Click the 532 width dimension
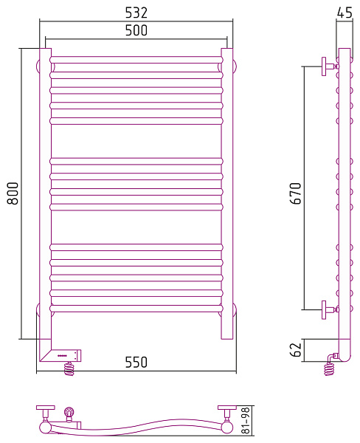coord(136,13)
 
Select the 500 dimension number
coord(136,30)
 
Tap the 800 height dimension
coord(13,193)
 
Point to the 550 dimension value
coord(136,363)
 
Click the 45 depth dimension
coord(345,13)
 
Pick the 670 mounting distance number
coord(296,193)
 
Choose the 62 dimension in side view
coord(296,350)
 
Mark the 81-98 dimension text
coord(246,420)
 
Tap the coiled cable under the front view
coord(69,368)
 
